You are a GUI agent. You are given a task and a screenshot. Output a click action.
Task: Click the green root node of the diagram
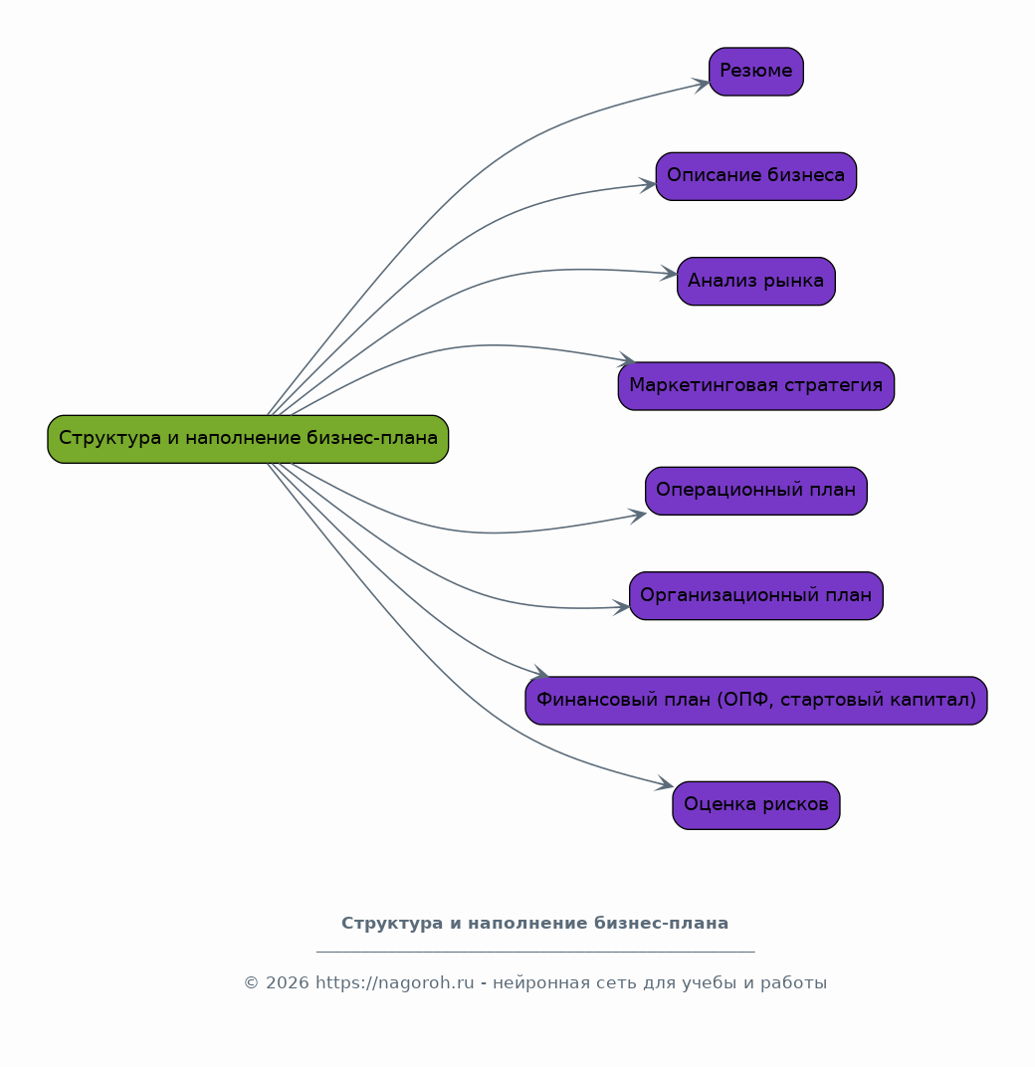tap(248, 439)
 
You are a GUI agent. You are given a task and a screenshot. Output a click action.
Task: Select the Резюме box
tap(756, 72)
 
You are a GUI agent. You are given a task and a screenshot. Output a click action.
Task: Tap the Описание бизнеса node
tap(756, 176)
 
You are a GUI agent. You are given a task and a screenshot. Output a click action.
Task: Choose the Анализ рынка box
tap(756, 281)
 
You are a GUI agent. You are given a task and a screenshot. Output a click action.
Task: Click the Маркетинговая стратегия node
tap(756, 386)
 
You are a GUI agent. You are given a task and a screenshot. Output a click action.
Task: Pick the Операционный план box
tap(756, 491)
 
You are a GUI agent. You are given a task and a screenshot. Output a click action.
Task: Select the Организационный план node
tap(756, 595)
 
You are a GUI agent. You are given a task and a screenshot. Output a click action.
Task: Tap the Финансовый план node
tap(756, 701)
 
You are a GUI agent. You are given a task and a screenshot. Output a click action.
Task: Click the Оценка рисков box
tap(756, 805)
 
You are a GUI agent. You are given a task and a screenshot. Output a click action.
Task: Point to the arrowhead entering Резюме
tap(702, 85)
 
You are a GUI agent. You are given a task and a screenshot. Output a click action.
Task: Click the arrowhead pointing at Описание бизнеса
tap(649, 184)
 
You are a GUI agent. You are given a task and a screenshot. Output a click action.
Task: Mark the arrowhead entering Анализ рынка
tap(670, 274)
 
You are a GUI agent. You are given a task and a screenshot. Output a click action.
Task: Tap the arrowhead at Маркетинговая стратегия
tap(627, 360)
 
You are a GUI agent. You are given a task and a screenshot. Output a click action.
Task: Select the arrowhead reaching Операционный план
tap(638, 517)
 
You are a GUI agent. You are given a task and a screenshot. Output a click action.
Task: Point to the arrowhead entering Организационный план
tap(622, 607)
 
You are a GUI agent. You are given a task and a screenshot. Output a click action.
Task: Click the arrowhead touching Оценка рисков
tap(665, 784)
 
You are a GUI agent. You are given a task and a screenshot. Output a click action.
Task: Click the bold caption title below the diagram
tap(534, 924)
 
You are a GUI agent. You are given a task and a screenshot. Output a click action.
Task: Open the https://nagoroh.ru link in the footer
tap(395, 982)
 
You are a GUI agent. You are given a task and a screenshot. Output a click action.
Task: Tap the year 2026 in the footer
tap(288, 983)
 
